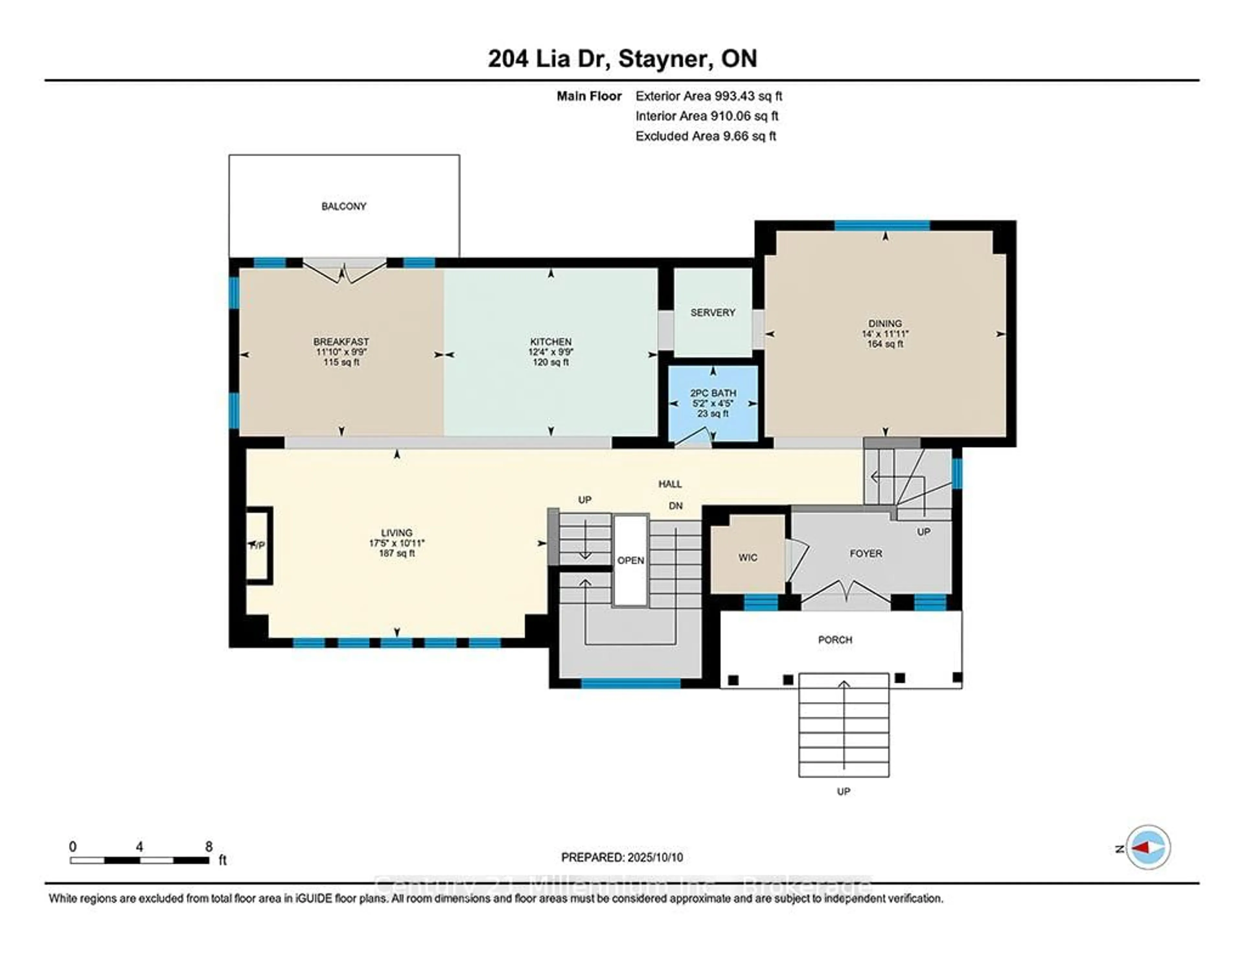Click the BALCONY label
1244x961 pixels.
(x=343, y=206)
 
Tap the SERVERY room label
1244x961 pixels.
(x=713, y=312)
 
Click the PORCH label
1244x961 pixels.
(x=835, y=640)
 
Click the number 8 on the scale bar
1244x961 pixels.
(x=209, y=847)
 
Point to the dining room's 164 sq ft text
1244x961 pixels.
(x=885, y=344)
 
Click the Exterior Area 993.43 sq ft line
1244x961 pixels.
(x=708, y=96)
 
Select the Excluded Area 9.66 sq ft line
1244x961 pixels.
(x=705, y=135)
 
